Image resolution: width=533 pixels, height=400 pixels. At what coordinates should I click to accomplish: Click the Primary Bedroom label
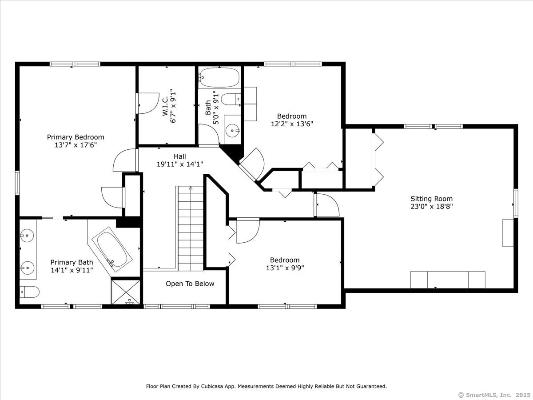tap(76, 137)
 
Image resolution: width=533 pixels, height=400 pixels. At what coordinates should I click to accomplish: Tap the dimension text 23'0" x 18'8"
tap(431, 206)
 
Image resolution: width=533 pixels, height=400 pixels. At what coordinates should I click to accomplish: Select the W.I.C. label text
tap(165, 106)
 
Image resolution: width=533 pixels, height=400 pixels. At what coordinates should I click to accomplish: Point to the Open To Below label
tap(190, 284)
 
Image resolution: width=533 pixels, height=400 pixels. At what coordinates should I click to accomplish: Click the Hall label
tap(180, 156)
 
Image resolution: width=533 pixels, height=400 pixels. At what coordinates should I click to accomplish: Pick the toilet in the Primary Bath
tap(30, 292)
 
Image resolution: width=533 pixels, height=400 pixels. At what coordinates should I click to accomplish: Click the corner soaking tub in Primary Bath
tap(112, 249)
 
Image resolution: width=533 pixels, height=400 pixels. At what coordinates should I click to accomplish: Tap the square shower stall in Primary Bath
tap(126, 292)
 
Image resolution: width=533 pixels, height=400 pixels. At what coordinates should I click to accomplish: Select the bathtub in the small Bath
tap(219, 77)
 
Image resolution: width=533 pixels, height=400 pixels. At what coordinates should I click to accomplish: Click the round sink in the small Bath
tap(232, 131)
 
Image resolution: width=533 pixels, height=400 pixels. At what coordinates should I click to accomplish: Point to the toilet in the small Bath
tap(231, 99)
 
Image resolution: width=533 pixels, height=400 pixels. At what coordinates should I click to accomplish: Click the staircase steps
tap(191, 228)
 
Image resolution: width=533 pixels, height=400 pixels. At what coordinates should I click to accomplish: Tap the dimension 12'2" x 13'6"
tap(292, 124)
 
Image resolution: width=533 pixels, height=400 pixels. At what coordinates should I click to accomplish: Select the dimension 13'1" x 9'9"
tap(285, 268)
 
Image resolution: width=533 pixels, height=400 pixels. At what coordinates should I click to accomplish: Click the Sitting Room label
tap(431, 199)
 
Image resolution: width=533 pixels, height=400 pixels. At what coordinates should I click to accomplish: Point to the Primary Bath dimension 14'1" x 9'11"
tap(72, 270)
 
